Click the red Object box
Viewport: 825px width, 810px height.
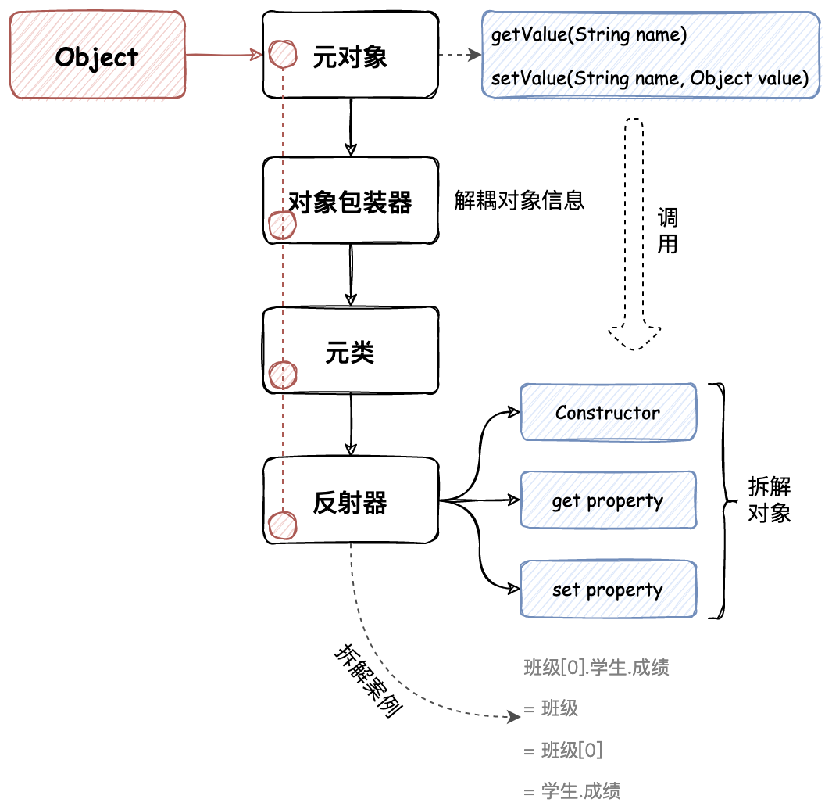tap(98, 56)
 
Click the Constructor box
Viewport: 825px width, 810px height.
tap(608, 412)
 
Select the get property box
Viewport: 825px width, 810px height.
tap(608, 500)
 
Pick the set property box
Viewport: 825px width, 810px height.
tap(608, 590)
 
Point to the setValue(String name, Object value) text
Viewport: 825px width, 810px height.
tap(649, 78)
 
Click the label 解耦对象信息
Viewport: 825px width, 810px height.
tap(519, 200)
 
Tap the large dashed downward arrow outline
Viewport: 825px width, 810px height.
tap(634, 235)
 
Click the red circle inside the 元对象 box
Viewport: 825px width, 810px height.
tap(283, 54)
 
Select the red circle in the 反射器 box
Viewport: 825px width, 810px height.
tap(282, 526)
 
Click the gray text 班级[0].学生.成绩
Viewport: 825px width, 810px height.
tap(596, 667)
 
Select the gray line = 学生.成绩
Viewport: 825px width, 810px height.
tap(572, 790)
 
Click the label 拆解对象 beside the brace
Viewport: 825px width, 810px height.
tap(769, 500)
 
